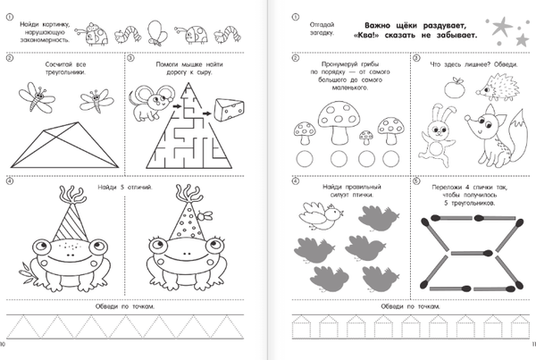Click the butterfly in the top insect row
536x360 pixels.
pyautogui.click(x=157, y=33)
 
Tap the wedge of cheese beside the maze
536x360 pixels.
pyautogui.click(x=229, y=109)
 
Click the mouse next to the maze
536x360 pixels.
pyautogui.click(x=151, y=103)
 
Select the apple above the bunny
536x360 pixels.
pyautogui.click(x=455, y=88)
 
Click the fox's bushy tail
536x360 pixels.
pyautogui.click(x=515, y=137)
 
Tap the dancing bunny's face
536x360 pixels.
pyautogui.click(x=439, y=130)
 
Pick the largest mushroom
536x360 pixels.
pyautogui.click(x=339, y=122)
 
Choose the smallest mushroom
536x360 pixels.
pyautogui.click(x=365, y=138)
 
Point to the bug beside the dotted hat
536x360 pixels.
pyautogui.click(x=205, y=215)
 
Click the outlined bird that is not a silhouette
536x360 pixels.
pyautogui.click(x=321, y=215)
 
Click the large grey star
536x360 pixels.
pyautogui.click(x=502, y=26)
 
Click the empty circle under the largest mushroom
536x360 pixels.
pyautogui.click(x=339, y=159)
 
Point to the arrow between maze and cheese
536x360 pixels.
pyautogui.click(x=206, y=113)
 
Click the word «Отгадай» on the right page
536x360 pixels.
pyautogui.click(x=322, y=25)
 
